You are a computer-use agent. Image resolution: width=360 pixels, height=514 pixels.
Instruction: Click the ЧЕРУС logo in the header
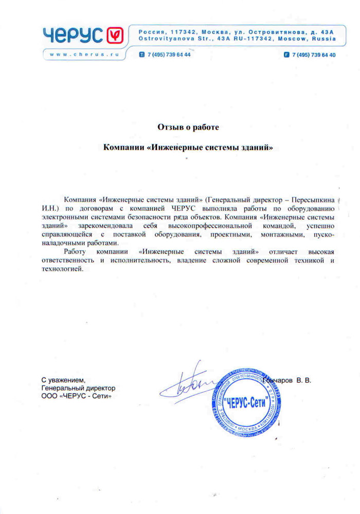pyautogui.click(x=82, y=35)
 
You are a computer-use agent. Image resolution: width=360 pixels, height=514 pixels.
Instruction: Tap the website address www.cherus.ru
pyautogui.click(x=82, y=54)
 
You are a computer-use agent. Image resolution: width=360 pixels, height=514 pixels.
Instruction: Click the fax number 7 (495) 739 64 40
pyautogui.click(x=313, y=54)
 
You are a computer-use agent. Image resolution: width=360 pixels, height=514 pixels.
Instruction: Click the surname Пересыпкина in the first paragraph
pyautogui.click(x=314, y=199)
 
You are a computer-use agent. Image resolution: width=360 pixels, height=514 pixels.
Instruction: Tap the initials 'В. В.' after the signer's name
pyautogui.click(x=303, y=381)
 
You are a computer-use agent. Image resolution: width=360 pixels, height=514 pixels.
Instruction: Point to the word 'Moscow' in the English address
pyautogui.click(x=292, y=39)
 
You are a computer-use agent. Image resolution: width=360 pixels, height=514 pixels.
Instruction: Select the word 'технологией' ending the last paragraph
pyautogui.click(x=61, y=270)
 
